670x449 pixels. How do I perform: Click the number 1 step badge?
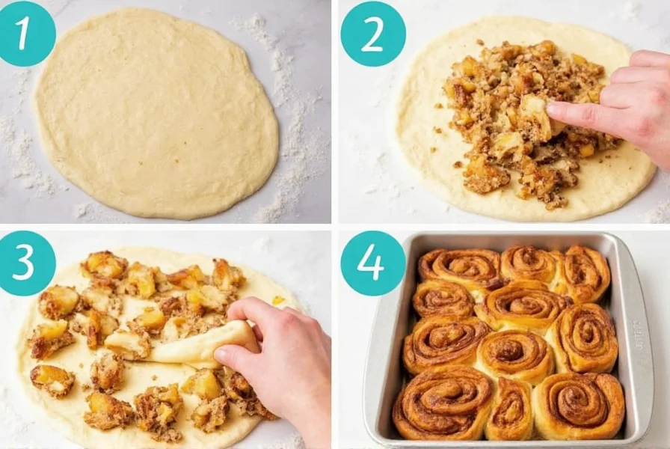(28, 34)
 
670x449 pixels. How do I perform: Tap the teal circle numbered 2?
(372, 34)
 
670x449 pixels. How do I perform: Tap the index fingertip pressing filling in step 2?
(555, 111)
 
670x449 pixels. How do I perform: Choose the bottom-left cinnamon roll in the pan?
(441, 400)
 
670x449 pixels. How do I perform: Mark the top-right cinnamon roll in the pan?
(587, 273)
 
